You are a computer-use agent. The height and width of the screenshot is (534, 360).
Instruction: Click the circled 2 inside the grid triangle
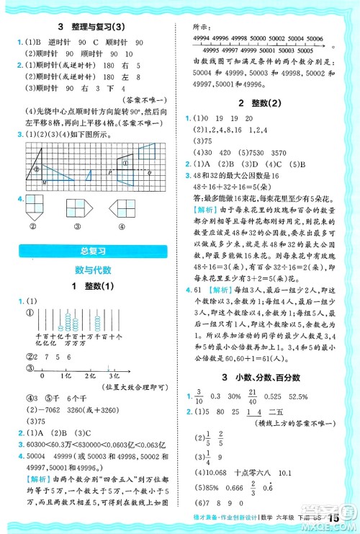click(37, 170)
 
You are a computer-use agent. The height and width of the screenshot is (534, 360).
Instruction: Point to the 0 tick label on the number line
click(42, 375)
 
